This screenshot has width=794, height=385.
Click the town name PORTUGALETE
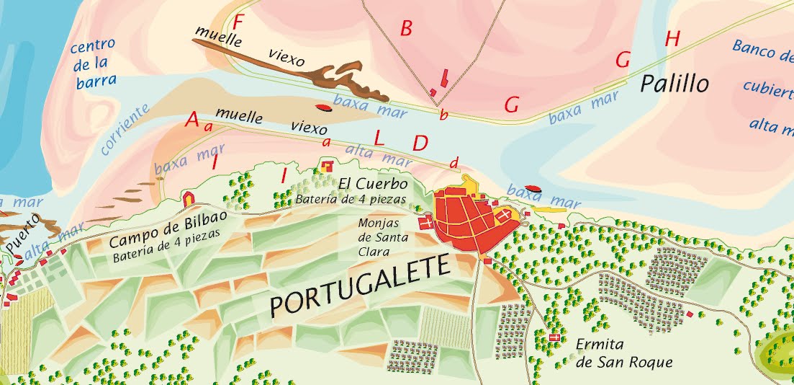click(359, 288)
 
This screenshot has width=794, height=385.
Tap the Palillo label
click(675, 84)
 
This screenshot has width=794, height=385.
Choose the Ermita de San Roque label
click(623, 353)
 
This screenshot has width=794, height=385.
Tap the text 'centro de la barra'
click(94, 64)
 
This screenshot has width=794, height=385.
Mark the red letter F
click(240, 22)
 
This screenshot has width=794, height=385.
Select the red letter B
click(406, 29)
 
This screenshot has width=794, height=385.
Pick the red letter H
click(672, 39)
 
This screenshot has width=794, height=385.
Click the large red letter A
click(191, 120)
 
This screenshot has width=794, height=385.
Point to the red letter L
click(379, 136)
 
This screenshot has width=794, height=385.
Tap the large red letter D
click(420, 143)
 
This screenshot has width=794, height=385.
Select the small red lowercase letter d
click(453, 163)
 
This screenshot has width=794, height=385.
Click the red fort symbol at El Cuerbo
click(327, 167)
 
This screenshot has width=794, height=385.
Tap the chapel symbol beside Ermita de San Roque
click(554, 337)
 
